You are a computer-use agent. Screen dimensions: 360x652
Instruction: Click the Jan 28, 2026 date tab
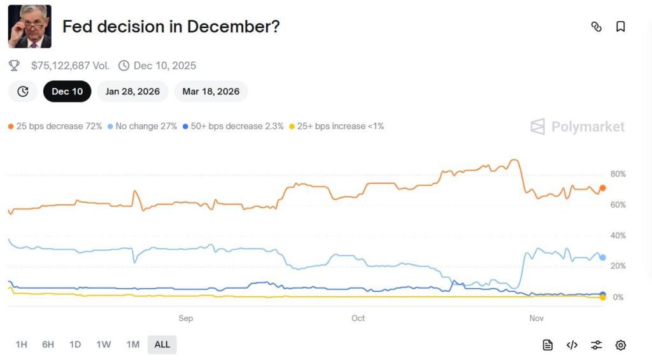coord(132,91)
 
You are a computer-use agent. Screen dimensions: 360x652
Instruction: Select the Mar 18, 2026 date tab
coord(211,91)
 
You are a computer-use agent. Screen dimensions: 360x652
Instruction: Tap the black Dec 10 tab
coord(67,91)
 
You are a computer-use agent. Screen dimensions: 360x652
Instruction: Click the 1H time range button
coord(21,345)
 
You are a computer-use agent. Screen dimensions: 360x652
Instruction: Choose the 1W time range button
coord(103,345)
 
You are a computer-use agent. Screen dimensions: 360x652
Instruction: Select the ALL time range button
coord(162,345)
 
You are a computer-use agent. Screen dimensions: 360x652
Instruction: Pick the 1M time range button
coord(132,345)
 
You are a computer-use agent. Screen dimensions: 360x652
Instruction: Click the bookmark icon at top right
coord(620,27)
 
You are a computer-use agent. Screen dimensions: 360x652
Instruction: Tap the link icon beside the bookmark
coord(597,27)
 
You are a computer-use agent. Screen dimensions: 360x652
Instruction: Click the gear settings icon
coord(620,345)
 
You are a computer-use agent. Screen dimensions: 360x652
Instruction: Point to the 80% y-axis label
coord(618,174)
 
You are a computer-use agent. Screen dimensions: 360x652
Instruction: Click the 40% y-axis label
coord(618,236)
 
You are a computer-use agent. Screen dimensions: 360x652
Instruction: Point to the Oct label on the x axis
coord(358,318)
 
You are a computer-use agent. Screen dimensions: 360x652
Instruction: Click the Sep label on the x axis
coord(185,318)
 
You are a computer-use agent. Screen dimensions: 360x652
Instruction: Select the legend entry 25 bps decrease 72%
coord(55,126)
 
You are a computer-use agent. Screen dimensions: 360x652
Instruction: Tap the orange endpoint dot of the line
coord(602,188)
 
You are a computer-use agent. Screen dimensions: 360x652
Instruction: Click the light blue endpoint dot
coord(602,257)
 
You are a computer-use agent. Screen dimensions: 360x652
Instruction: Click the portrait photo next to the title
coord(29,27)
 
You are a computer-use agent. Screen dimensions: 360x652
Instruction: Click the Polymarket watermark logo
coord(578,126)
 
